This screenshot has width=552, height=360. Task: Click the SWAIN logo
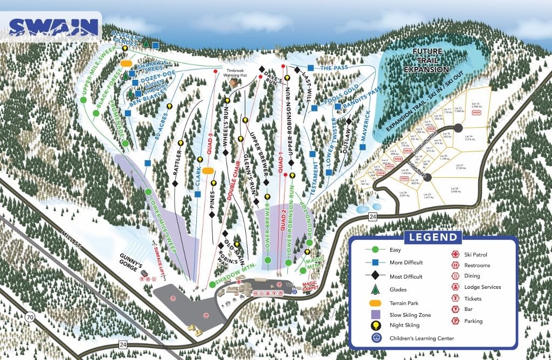pyautogui.click(x=54, y=26)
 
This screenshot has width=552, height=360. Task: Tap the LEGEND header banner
pyautogui.click(x=433, y=237)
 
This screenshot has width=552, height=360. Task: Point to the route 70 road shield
pyautogui.click(x=30, y=317)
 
